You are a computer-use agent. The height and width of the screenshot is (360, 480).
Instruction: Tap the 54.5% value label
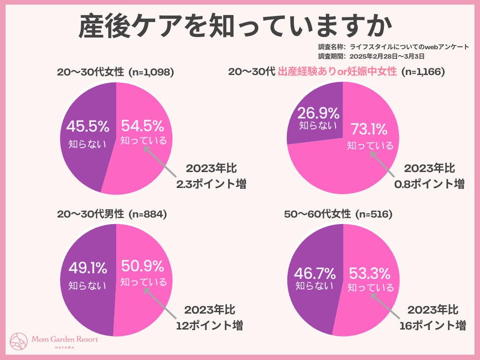click(142, 126)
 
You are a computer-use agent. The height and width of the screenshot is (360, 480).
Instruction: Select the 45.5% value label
click(88, 126)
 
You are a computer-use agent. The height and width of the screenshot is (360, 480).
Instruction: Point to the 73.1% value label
click(369, 129)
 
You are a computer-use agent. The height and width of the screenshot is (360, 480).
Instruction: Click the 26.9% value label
click(318, 113)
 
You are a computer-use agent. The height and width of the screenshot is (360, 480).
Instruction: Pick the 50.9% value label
click(142, 266)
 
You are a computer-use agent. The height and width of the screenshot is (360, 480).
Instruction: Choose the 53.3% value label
click(369, 272)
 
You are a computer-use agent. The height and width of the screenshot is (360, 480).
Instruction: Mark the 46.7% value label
click(315, 272)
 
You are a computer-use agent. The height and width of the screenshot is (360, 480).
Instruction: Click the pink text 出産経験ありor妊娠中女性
click(337, 72)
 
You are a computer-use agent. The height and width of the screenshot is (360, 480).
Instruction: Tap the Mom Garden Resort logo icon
click(19, 342)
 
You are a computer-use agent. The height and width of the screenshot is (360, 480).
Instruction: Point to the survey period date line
click(371, 55)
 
